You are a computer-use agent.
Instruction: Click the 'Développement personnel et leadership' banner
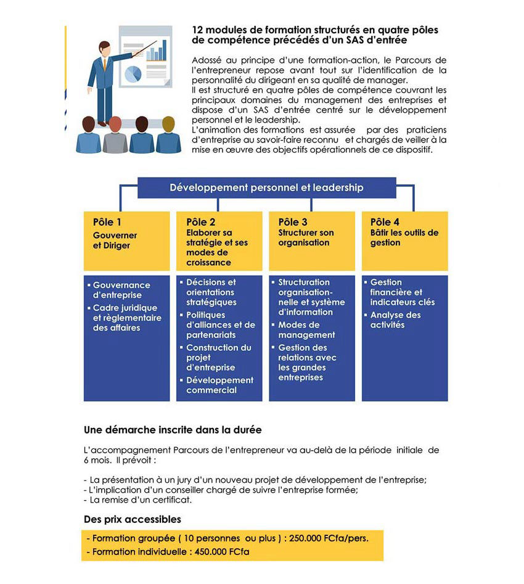266,187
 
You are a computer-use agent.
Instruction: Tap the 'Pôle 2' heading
200,222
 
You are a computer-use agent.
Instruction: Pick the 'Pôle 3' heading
293,222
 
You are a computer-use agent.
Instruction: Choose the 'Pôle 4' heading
385,222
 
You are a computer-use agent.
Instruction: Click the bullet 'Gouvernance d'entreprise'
121,290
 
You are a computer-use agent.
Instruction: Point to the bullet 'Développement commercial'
219,385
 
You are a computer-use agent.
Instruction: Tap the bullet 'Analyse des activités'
395,319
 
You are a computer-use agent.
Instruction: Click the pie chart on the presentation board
133,73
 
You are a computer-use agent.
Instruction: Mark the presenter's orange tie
105,64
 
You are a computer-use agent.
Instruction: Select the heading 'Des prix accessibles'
133,519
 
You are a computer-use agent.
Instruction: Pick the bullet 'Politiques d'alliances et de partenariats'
220,325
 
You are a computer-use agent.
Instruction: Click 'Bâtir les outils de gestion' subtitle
404,237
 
